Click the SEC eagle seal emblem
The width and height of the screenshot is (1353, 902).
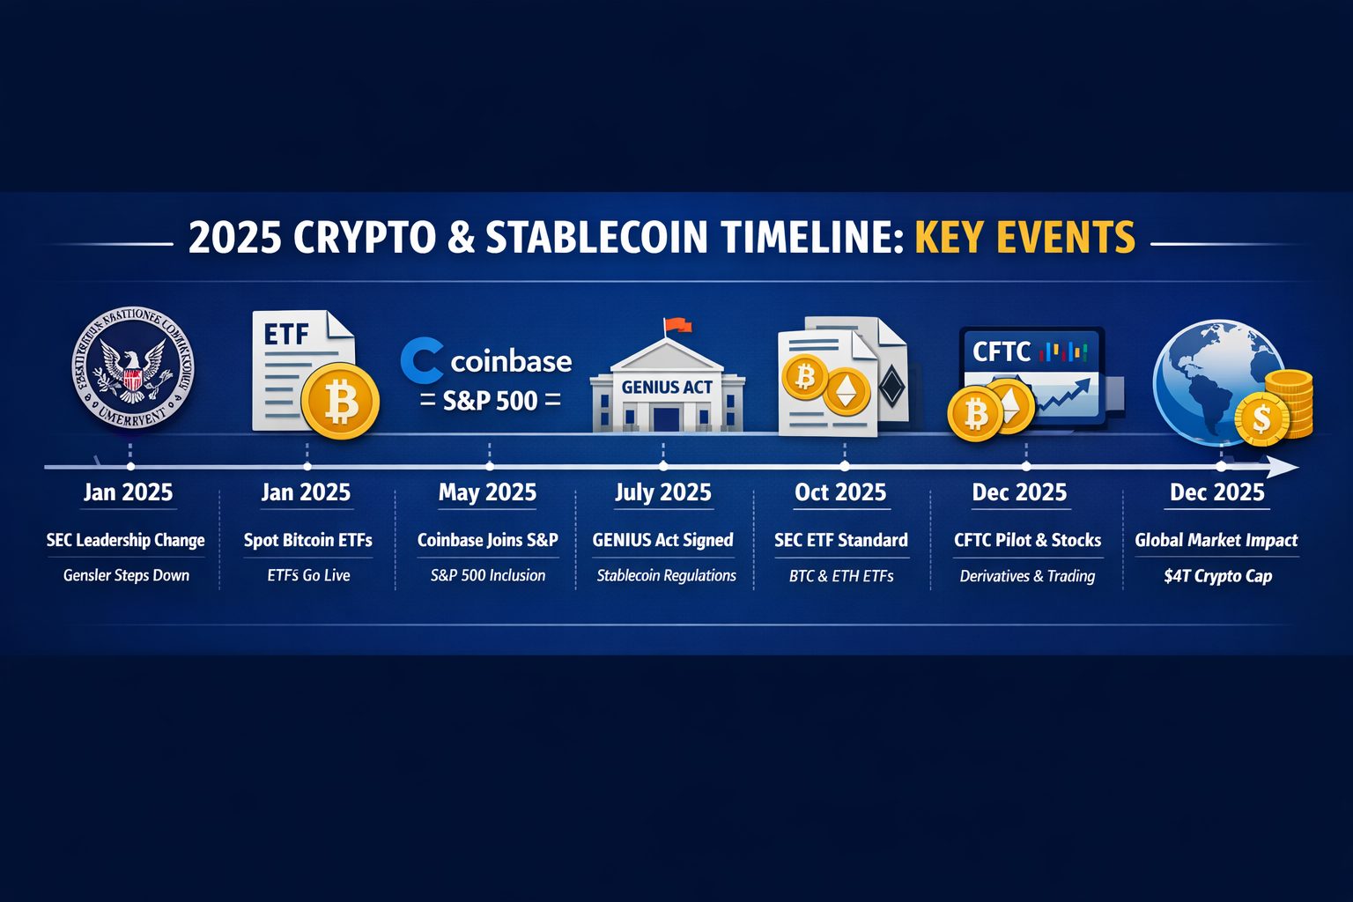132,368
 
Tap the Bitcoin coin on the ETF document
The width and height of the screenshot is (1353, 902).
340,402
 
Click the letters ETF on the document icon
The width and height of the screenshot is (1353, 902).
287,335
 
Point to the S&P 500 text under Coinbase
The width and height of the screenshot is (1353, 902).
490,401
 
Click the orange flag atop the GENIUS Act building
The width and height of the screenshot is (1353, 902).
676,325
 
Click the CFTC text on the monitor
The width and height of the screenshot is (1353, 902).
1001,352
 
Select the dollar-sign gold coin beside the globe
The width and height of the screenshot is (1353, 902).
1261,419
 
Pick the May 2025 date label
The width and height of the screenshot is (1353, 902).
487,492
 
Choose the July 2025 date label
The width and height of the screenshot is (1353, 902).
663,492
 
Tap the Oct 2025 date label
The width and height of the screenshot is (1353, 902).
840,492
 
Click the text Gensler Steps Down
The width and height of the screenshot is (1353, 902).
126,576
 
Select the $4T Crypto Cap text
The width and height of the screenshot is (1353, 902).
1217,576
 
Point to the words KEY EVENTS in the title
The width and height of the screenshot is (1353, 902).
1024,238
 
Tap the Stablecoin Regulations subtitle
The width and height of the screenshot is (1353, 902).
666,576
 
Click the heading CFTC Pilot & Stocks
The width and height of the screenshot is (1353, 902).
1027,540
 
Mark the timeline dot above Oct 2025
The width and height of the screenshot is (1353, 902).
845,466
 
